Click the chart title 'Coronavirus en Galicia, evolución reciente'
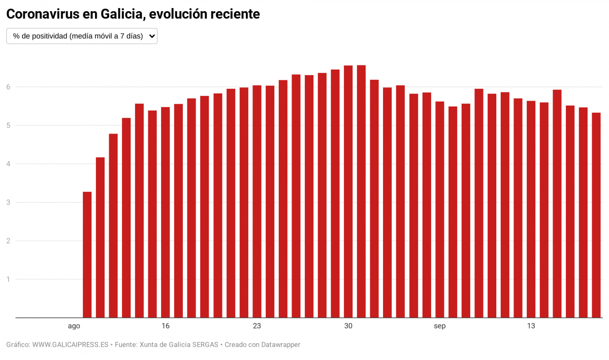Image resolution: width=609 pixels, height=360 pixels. pyautogui.click(x=133, y=14)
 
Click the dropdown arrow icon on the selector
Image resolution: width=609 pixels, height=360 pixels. pyautogui.click(x=151, y=36)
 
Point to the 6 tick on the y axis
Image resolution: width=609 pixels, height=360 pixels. pyautogui.click(x=8, y=87)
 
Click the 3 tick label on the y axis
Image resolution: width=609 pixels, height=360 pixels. pyautogui.click(x=8, y=203)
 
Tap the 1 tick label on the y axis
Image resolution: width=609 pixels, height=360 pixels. pyautogui.click(x=8, y=279)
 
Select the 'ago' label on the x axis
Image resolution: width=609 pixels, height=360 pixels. pyautogui.click(x=74, y=326)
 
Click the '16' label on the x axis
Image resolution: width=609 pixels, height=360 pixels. pyautogui.click(x=166, y=326)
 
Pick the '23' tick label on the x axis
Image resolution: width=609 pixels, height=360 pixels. pyautogui.click(x=257, y=326)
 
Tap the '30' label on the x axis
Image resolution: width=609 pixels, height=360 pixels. pyautogui.click(x=348, y=326)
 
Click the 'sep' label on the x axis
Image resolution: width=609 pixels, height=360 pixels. pyautogui.click(x=440, y=326)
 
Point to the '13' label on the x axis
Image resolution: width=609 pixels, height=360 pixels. pyautogui.click(x=531, y=326)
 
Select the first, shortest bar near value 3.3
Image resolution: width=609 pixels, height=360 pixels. pyautogui.click(x=87, y=255)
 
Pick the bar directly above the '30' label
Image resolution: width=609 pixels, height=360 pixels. pyautogui.click(x=348, y=192)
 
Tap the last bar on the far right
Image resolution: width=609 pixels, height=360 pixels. pyautogui.click(x=596, y=215)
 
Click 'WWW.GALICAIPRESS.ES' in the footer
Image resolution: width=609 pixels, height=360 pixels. pyautogui.click(x=71, y=345)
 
